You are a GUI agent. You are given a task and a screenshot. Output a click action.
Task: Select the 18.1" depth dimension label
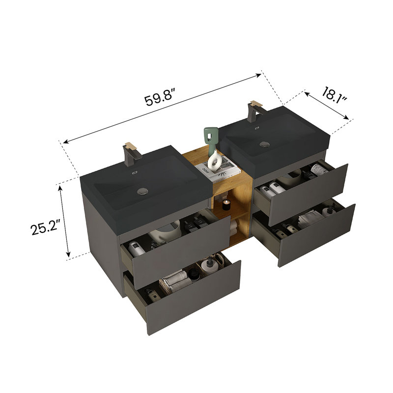click(x=334, y=95)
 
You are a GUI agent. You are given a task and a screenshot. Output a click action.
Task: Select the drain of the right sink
click(x=264, y=144)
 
